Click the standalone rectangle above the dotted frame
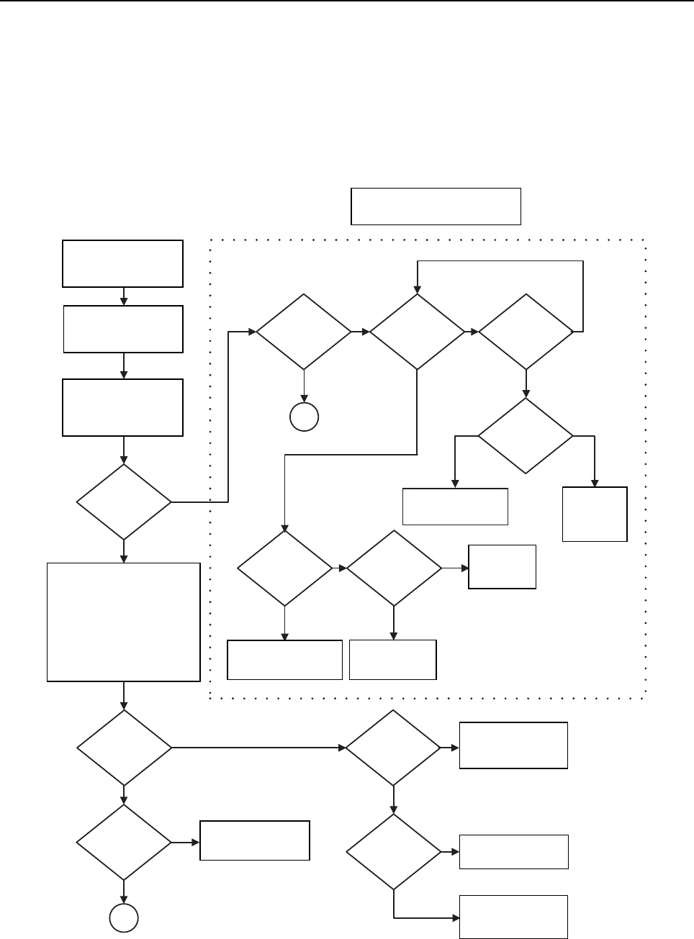pos(436,207)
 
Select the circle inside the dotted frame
pos(305,417)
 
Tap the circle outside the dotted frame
pos(124,918)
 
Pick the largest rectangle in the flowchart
pos(123,622)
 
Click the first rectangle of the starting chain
pos(123,264)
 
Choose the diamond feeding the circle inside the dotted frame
pos(305,332)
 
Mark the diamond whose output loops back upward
pos(526,332)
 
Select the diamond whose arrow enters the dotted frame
pos(124,502)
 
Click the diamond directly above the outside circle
pos(124,842)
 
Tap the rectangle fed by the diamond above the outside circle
pos(255,840)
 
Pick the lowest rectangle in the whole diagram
pos(514,917)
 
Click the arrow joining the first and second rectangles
pos(124,296)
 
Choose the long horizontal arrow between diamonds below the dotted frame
pos(258,748)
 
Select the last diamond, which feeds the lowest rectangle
pos(394,852)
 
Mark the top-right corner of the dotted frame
pos(646,240)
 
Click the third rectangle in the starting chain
pos(123,408)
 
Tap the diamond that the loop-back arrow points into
pos(418,332)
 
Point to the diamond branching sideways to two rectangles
pos(526,436)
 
